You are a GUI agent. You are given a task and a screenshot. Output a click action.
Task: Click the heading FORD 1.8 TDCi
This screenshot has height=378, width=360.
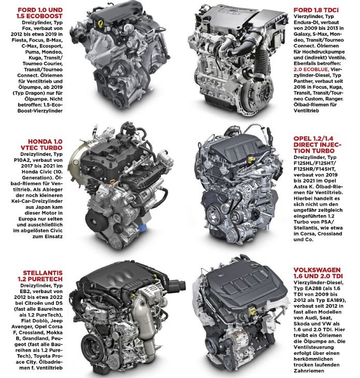tap(316, 10)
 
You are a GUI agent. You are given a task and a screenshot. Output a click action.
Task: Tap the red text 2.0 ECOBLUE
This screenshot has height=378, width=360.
tap(311, 69)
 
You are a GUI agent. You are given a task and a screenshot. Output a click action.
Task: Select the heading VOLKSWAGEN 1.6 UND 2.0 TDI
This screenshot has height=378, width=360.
tap(318, 273)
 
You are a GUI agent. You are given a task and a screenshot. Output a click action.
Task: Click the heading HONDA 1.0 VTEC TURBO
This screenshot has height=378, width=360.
tap(42, 144)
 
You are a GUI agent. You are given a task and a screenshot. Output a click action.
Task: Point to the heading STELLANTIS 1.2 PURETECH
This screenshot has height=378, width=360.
tap(40, 276)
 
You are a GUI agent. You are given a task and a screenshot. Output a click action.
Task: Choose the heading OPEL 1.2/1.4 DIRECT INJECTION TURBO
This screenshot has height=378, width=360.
tap(318, 144)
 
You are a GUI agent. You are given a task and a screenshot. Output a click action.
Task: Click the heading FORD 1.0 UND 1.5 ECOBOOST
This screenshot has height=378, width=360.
tap(40, 13)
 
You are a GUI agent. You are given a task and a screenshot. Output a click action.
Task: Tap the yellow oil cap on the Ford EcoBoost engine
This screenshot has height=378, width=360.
tap(99, 24)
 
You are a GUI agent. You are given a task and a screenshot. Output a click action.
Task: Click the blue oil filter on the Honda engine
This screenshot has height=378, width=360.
tap(142, 227)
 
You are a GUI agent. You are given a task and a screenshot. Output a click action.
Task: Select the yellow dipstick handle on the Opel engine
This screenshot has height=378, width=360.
tap(252, 159)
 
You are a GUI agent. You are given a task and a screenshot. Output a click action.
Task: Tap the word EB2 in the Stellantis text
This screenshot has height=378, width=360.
tap(24, 292)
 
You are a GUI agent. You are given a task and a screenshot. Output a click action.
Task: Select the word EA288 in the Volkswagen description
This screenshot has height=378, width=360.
tap(313, 288)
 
